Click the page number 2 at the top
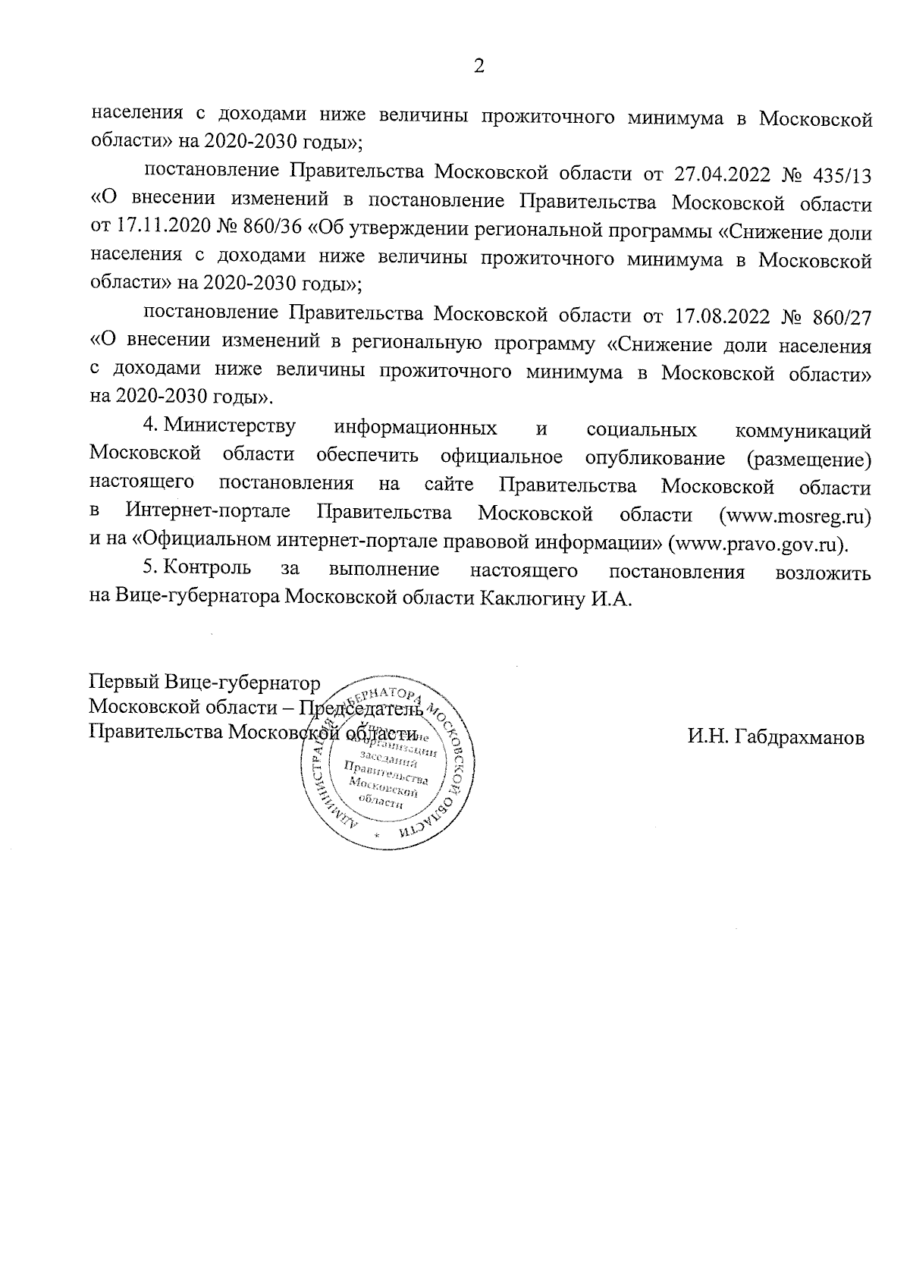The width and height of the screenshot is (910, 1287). pyautogui.click(x=479, y=66)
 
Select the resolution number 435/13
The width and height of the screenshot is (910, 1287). pyautogui.click(x=841, y=174)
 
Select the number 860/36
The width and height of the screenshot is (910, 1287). pyautogui.click(x=275, y=231)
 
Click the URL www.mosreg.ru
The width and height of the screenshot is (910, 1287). pyautogui.click(x=795, y=516)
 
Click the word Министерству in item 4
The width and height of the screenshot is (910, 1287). pyautogui.click(x=231, y=427)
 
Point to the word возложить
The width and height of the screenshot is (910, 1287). pyautogui.click(x=823, y=573)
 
